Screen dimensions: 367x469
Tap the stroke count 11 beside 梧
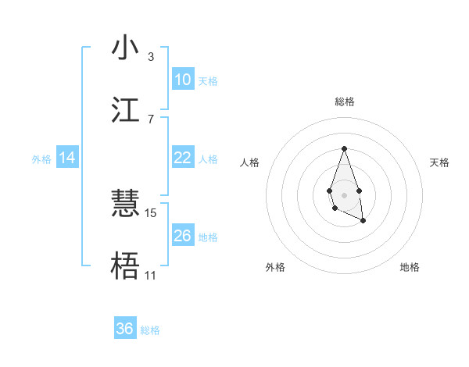pyautogui.click(x=150, y=275)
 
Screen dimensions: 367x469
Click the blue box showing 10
pyautogui.click(x=183, y=80)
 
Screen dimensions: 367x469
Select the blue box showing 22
pyautogui.click(x=183, y=158)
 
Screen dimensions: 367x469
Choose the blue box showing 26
pyautogui.click(x=183, y=236)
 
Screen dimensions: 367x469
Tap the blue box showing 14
pyautogui.click(x=67, y=158)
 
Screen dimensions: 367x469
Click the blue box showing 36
pyautogui.click(x=125, y=329)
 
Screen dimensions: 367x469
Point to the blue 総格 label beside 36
pyautogui.click(x=150, y=330)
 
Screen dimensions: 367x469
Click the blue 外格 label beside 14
pyautogui.click(x=41, y=159)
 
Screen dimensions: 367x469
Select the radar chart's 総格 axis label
pyautogui.click(x=345, y=102)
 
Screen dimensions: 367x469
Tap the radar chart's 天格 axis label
pyautogui.click(x=440, y=162)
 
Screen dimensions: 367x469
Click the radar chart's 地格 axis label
pyautogui.click(x=410, y=267)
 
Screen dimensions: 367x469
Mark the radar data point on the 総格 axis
pyautogui.click(x=344, y=148)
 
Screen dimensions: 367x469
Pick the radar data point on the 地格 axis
pyautogui.click(x=363, y=221)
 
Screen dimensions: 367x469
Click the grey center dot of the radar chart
pyautogui.click(x=344, y=194)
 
